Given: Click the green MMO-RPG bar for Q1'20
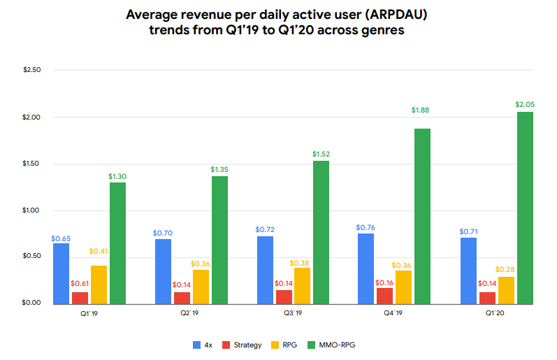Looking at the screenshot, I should pyautogui.click(x=525, y=208).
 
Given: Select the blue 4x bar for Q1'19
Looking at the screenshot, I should pyautogui.click(x=61, y=273).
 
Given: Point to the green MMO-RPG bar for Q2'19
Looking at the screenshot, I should pyautogui.click(x=219, y=240).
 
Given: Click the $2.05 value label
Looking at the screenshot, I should pyautogui.click(x=525, y=104).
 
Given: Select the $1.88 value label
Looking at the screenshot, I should pyautogui.click(x=423, y=110).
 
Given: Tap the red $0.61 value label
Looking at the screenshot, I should pyautogui.click(x=80, y=285).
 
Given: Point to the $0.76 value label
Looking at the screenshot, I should pyautogui.click(x=364, y=227).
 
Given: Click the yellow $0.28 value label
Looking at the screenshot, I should pyautogui.click(x=506, y=269).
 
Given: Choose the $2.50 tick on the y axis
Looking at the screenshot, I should pyautogui.click(x=32, y=71).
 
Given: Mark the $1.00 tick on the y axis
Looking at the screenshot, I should pyautogui.click(x=32, y=210).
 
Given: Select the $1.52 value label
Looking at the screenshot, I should pyautogui.click(x=321, y=153).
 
